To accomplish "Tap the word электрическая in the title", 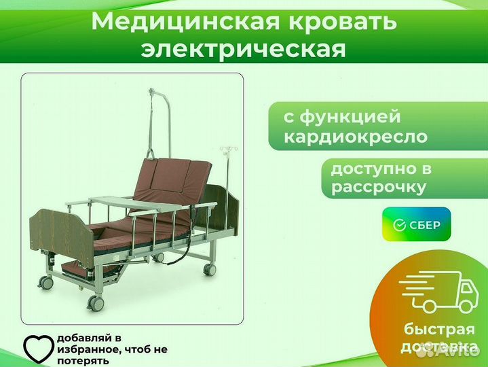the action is coord(244,48).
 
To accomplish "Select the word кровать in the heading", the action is coord(343,21).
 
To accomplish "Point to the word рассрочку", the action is coord(379,188).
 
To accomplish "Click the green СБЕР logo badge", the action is coord(417,224).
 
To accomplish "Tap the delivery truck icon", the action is coord(439,292).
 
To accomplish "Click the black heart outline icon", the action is coord(39,349).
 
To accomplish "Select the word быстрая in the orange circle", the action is coord(439,330).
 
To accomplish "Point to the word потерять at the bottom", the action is coord(83,361).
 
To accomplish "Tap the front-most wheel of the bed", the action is coord(96,302).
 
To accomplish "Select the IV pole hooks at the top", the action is coord(229,149).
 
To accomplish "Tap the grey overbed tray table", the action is coord(139,203).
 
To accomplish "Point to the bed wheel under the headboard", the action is coord(210,269).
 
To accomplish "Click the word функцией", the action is coord(342,118).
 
